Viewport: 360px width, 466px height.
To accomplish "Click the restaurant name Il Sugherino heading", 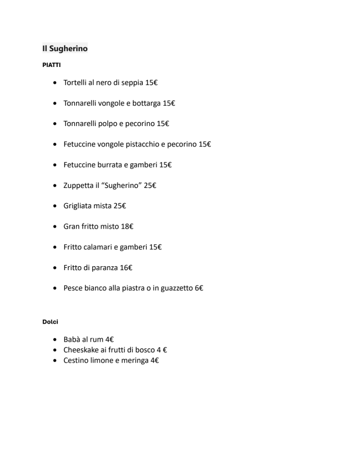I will coord(65,49).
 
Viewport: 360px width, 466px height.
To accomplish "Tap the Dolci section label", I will coord(50,322).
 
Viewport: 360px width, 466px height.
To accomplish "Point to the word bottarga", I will coord(147,103).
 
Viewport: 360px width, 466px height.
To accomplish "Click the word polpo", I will coord(115,124).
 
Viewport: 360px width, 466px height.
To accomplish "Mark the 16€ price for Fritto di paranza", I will coord(126,267).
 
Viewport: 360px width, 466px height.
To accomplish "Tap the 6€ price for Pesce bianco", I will coord(199,288).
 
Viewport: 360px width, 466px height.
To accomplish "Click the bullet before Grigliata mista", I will coord(54,206).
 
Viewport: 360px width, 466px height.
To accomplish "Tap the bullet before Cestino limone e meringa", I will coord(54,360).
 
